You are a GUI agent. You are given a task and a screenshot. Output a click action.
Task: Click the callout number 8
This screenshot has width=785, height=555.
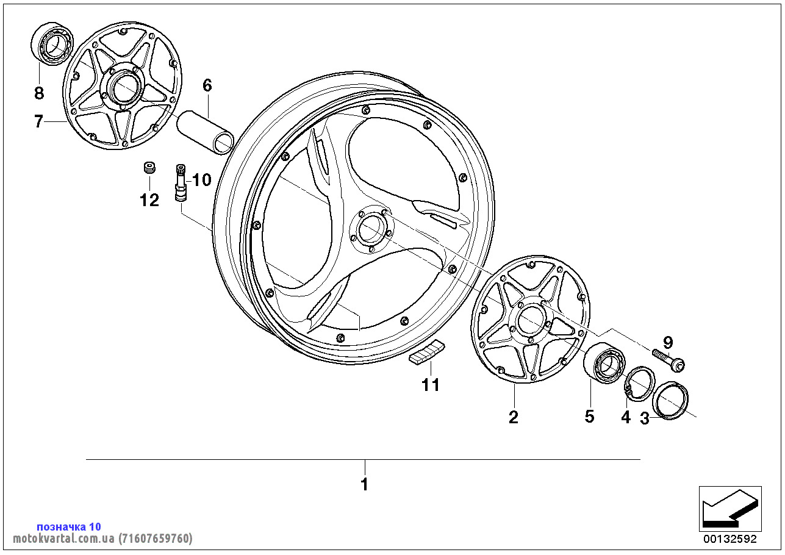(39, 93)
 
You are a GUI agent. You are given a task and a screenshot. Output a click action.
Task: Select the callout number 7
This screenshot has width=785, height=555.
(38, 122)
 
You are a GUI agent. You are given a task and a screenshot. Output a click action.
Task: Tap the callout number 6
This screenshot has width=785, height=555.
(207, 85)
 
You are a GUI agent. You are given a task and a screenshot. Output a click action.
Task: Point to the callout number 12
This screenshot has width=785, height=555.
(149, 199)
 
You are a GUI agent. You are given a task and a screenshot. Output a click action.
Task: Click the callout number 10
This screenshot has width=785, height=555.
(201, 180)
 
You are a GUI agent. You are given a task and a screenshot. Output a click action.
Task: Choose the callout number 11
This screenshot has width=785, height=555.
(431, 385)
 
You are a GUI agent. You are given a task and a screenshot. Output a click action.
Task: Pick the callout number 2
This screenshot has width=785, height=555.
(514, 417)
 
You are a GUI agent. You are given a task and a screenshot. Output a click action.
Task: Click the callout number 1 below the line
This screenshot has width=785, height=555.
(365, 485)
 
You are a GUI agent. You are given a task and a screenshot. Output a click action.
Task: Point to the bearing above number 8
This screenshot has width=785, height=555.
(52, 43)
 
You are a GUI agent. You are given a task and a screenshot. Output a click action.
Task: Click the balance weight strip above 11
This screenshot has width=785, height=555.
(427, 353)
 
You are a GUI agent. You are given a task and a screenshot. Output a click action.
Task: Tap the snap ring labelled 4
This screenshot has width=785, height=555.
(639, 384)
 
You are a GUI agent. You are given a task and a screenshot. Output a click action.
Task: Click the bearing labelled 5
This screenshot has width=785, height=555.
(604, 364)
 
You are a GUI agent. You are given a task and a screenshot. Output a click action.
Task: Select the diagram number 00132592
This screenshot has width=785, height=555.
(729, 539)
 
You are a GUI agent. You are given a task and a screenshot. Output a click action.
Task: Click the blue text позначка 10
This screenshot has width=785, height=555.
(69, 526)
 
